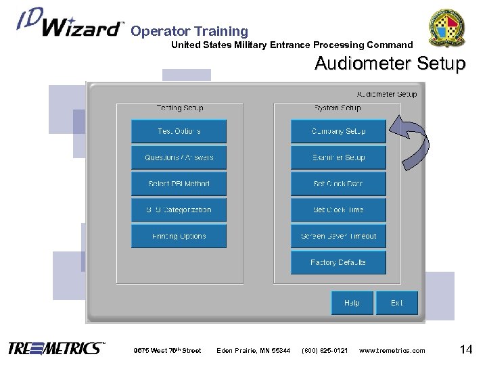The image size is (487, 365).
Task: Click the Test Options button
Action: point(179,131)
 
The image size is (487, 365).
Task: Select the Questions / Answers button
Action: point(179,157)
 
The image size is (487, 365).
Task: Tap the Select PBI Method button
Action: point(179,184)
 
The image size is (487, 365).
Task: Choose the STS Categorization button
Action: point(179,210)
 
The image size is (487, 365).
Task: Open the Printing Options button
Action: point(179,237)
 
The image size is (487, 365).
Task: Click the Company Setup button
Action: point(338,131)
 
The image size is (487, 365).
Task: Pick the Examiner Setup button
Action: point(338,157)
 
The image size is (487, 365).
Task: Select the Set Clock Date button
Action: point(338,184)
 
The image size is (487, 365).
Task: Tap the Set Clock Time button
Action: point(338,210)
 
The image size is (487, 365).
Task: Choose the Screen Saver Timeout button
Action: point(338,237)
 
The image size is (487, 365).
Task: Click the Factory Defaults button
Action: point(338,262)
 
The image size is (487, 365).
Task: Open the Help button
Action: point(351,303)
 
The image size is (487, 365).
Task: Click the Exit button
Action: point(396,303)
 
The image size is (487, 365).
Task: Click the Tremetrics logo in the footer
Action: point(56,349)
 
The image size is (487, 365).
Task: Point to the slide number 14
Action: point(465,349)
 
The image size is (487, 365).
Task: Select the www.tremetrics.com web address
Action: point(392,350)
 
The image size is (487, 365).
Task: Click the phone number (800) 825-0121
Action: point(325,350)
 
